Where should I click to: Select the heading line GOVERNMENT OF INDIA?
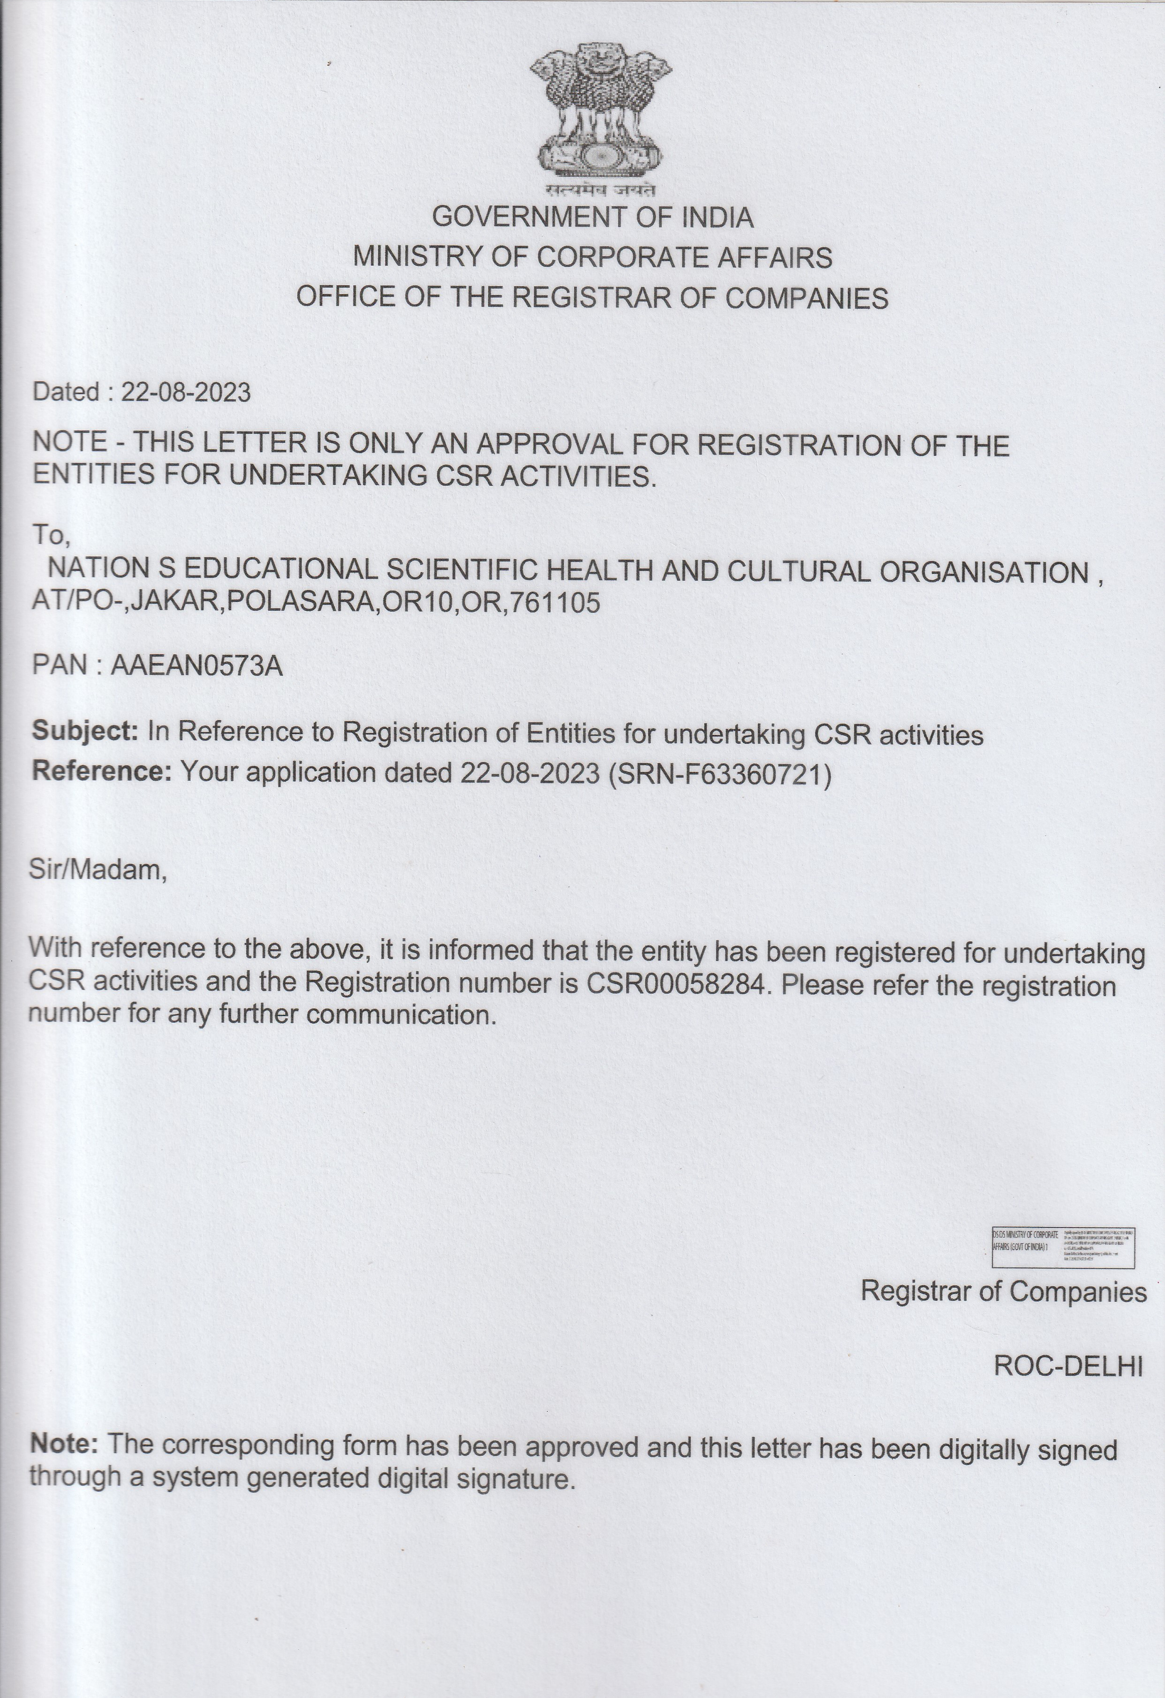coord(592,217)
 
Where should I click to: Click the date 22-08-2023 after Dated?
coord(186,392)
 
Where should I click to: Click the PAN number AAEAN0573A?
coord(196,666)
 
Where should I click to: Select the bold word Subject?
coord(86,731)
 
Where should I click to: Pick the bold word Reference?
coord(101,771)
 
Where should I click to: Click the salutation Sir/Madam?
coord(98,870)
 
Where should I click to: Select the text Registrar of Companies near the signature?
coord(1003,1292)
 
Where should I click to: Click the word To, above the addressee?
coord(50,535)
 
